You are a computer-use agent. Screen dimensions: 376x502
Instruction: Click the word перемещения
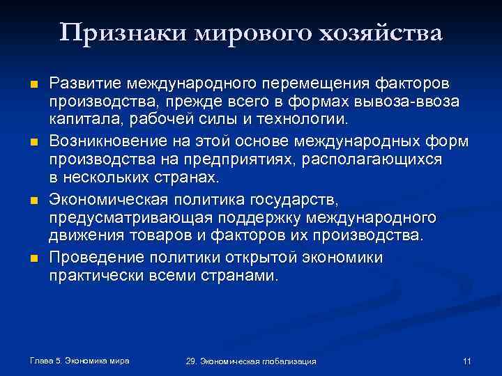[320, 84]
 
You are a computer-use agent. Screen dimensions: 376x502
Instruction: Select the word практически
[96, 276]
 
